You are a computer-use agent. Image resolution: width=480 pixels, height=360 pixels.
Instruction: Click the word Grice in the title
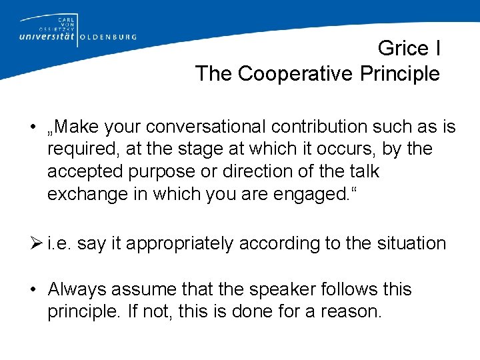403,49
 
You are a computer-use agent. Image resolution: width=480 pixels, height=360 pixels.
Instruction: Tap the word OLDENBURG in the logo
108,37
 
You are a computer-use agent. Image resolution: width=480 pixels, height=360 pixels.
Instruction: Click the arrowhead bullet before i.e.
39,243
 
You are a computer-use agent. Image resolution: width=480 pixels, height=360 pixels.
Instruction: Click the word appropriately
180,244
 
